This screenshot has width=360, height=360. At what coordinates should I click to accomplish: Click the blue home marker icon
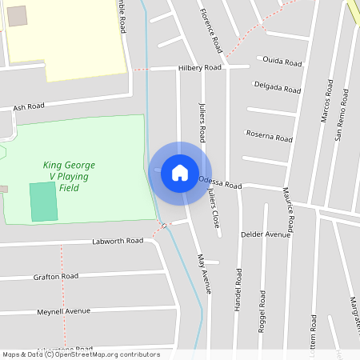pos(180,172)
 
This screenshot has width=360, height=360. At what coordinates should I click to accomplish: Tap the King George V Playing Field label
pos(68,176)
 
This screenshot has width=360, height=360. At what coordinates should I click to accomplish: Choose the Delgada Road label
pos(277,86)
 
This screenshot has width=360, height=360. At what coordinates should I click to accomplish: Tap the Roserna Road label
pos(269,136)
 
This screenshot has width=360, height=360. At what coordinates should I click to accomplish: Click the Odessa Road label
pos(218,183)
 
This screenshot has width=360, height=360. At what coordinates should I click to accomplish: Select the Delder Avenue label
pos(266,234)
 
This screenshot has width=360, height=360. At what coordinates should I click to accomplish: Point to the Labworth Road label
pos(117,241)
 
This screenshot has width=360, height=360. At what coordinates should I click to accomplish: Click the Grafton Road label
pos(56,276)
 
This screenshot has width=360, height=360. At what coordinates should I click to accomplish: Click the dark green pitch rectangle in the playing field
pos(44,202)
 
